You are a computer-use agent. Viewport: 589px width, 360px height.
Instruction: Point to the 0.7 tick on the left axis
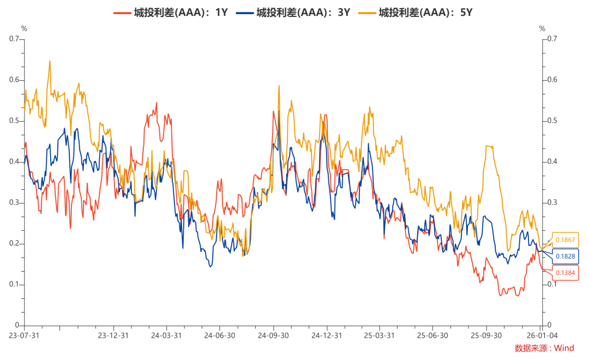14,39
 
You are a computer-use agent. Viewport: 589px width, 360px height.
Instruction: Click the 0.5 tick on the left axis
14,121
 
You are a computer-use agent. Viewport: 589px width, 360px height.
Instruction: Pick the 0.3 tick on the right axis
552,202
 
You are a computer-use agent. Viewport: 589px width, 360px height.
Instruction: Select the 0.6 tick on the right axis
552,80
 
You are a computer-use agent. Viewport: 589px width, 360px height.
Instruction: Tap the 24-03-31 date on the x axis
166,335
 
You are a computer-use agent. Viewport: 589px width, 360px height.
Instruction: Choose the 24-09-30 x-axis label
273,335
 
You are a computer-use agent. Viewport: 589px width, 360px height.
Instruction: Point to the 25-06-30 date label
432,335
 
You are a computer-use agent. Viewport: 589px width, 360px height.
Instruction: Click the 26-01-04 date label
540,335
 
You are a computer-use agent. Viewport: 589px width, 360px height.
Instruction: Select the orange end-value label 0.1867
565,240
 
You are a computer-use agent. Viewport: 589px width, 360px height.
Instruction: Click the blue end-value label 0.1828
565,256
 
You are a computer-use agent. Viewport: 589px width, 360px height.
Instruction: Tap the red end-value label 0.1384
565,272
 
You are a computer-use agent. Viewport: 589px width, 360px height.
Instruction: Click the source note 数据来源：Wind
544,348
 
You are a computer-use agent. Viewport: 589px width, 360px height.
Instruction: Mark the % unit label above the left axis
23,28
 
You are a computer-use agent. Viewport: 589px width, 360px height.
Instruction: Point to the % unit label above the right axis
542,28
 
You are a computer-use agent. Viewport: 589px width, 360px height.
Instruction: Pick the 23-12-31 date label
113,335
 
